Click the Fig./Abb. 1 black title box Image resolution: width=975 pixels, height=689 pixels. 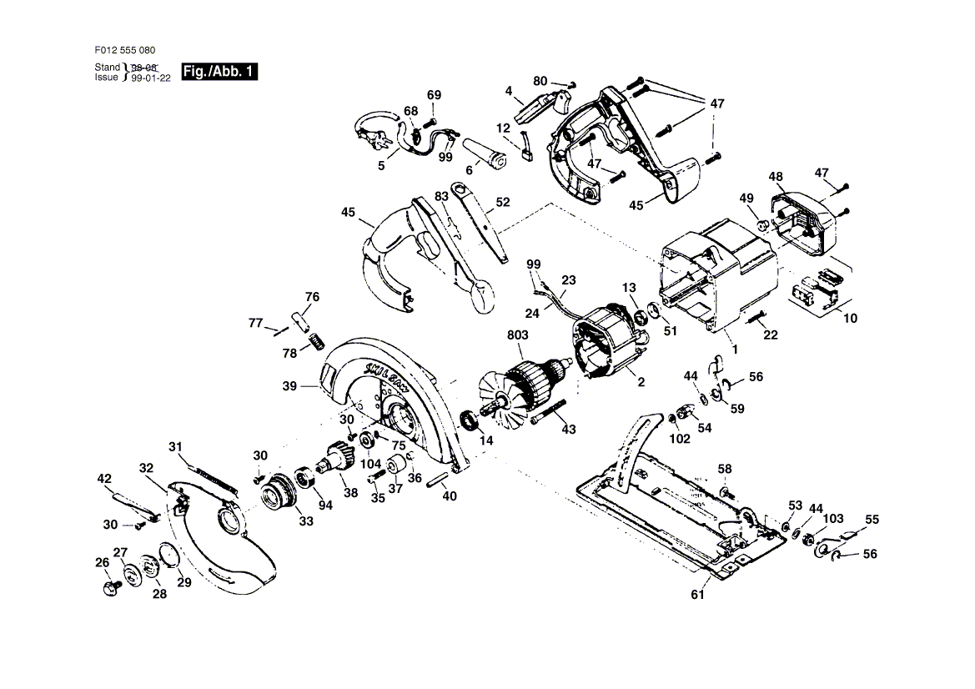pos(219,72)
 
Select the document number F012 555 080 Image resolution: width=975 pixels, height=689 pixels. pos(125,50)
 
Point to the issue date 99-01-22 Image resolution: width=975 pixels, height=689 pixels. pos(150,78)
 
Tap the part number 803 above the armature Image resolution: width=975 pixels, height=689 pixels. pos(517,335)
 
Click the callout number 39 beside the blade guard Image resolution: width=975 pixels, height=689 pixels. pos(289,386)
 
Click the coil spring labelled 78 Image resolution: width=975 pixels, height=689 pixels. pos(317,341)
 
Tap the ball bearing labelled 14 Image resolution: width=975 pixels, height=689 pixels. pos(470,420)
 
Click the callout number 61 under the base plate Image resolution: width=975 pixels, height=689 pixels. pos(698,595)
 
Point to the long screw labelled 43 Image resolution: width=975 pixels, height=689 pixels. pos(549,412)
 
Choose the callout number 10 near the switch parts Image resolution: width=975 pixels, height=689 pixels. pos(850,319)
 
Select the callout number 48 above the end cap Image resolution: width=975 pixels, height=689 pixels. pos(776,177)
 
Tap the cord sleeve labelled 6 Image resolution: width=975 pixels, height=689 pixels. pos(485,153)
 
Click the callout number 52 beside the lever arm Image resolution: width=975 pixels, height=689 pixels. pos(503,202)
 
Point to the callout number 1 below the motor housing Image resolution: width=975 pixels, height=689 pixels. pos(735,350)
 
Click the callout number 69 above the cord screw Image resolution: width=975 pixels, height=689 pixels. pos(434,95)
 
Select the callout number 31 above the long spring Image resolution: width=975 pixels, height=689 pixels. pos(176,447)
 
